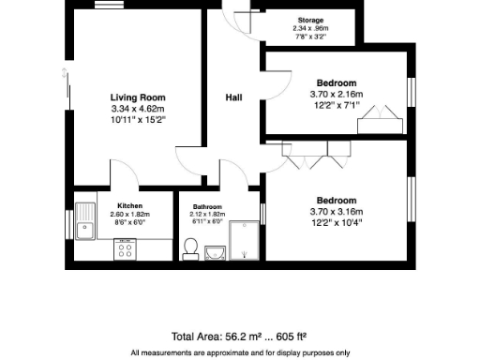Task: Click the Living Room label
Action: click(137, 97)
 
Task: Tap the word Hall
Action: click(235, 97)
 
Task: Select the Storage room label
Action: click(310, 20)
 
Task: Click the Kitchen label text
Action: click(129, 205)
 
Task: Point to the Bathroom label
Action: click(207, 206)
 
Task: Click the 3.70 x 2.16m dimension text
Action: click(335, 94)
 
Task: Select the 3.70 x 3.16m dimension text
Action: click(335, 212)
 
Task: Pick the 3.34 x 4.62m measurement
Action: click(137, 109)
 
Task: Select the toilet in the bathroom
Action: click(190, 247)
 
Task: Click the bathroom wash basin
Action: click(215, 250)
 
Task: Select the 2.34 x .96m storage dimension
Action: click(310, 28)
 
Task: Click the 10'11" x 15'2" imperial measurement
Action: click(137, 120)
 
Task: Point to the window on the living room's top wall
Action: click(106, 7)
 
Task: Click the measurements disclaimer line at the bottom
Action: click(240, 352)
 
